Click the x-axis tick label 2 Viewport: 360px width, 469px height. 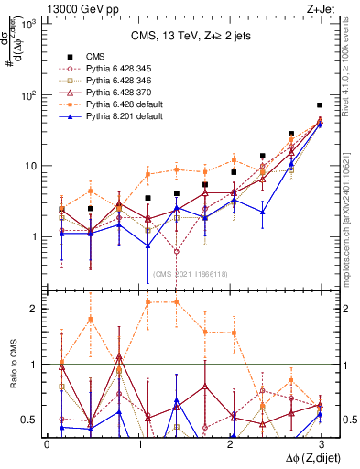pyautogui.click(x=229, y=443)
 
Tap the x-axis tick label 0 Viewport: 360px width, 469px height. pyautogui.click(x=47, y=443)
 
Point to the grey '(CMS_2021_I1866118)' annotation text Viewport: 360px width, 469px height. pyautogui.click(x=190, y=274)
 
